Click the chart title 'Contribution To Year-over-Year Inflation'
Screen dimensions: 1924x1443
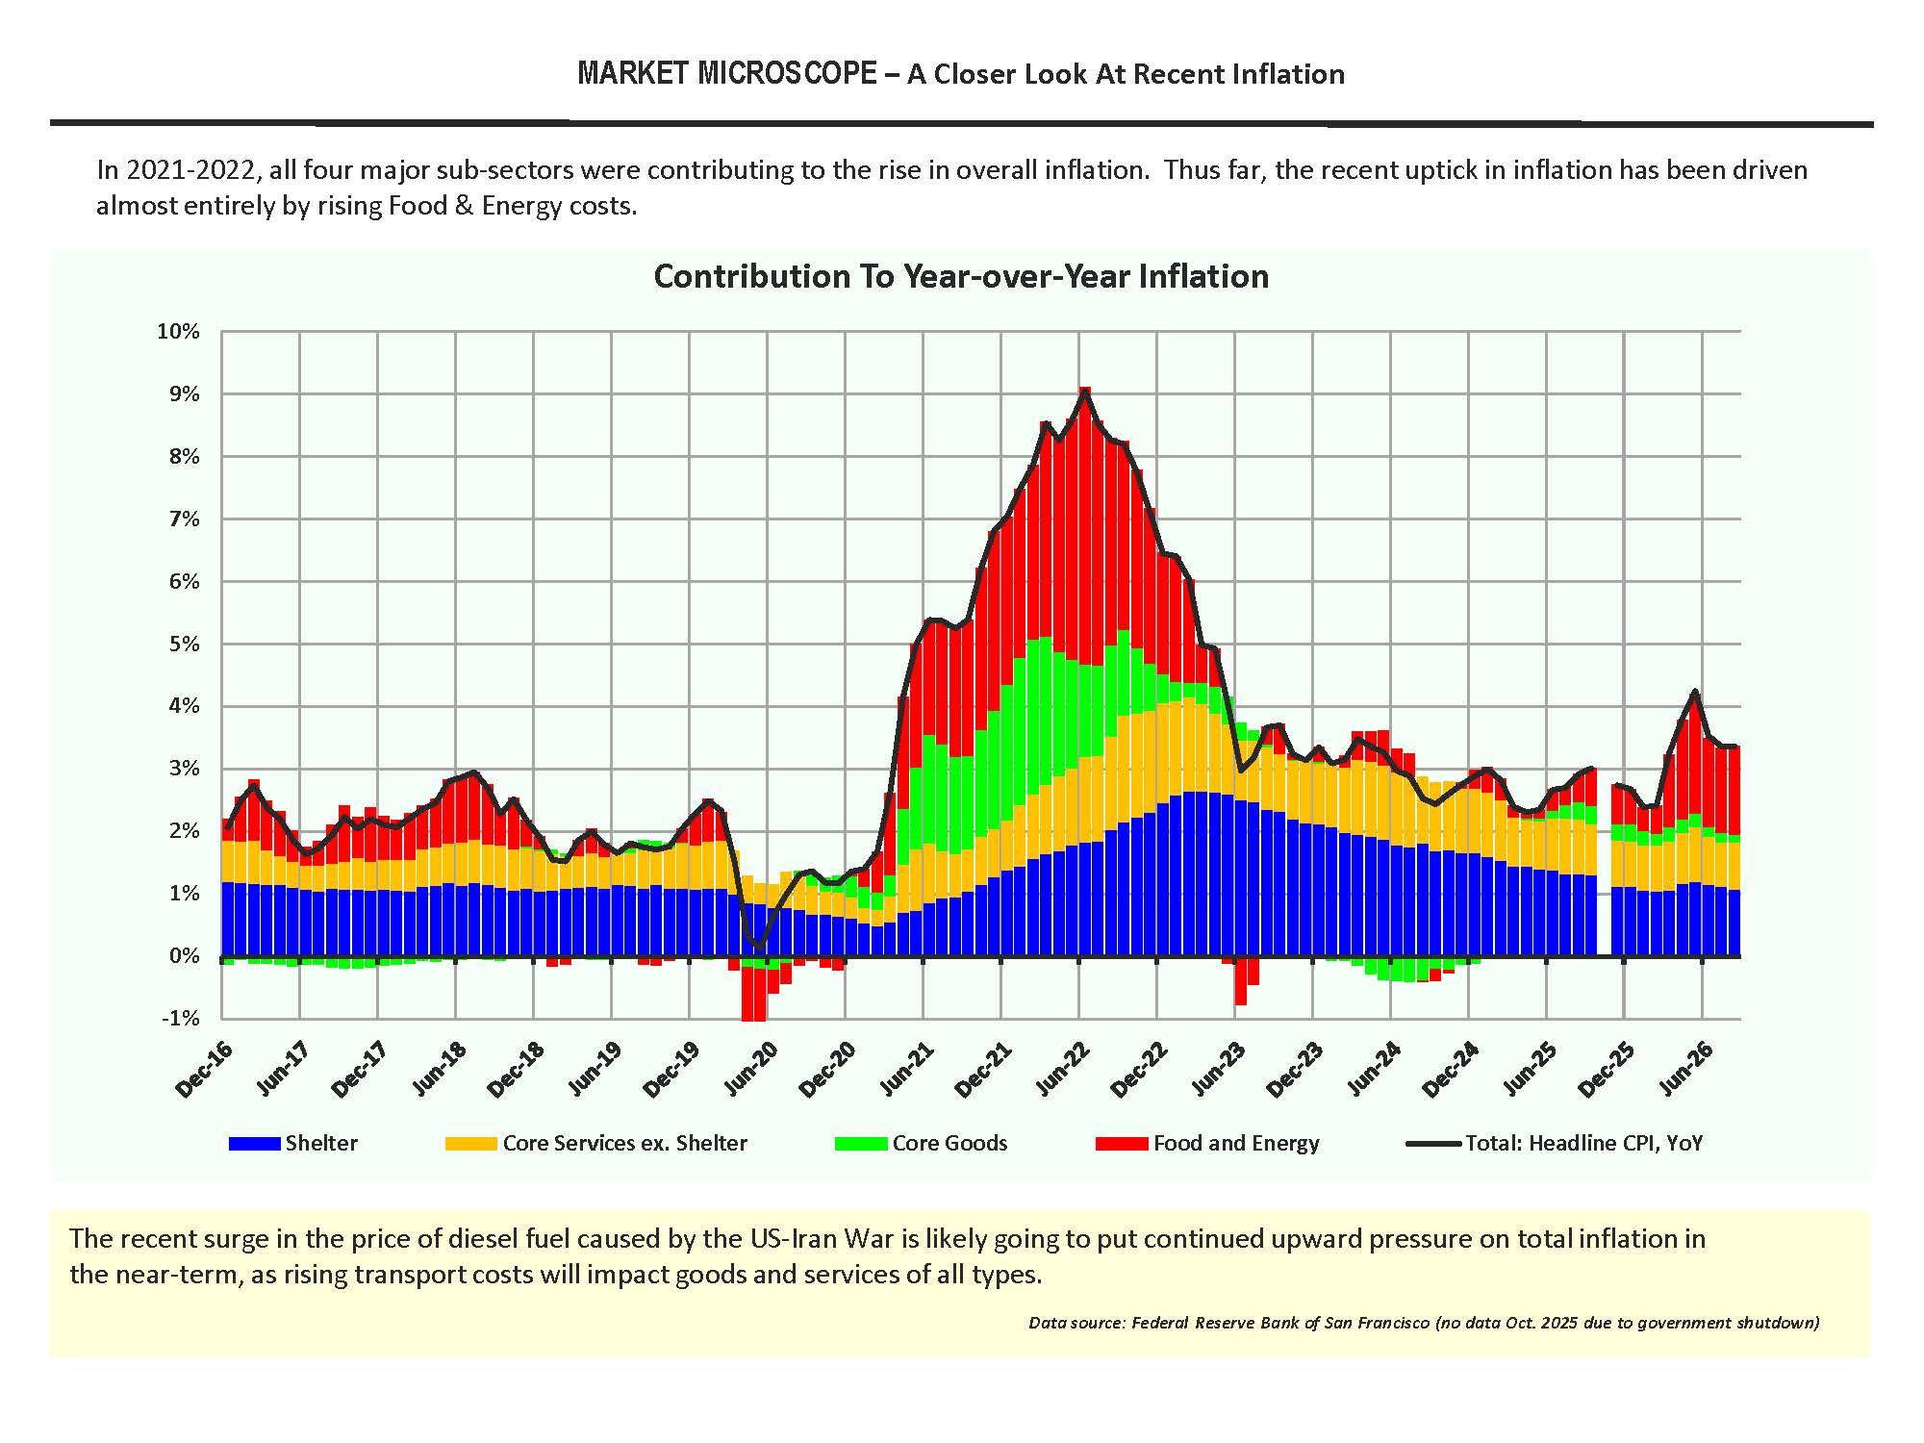(x=961, y=276)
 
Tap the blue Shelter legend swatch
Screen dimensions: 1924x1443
(x=255, y=1143)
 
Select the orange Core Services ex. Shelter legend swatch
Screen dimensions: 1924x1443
(x=470, y=1143)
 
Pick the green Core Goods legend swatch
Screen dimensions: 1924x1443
(x=861, y=1143)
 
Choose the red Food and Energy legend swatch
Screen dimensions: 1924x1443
(x=1122, y=1143)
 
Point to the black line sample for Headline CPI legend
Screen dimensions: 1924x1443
(x=1434, y=1144)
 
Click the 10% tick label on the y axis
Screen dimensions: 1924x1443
(x=178, y=331)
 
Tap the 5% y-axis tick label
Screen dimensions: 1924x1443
(x=184, y=644)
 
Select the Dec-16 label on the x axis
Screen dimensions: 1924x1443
(x=204, y=1069)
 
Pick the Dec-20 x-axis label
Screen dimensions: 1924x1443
(x=827, y=1069)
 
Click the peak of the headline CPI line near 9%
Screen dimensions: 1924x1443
(x=1085, y=390)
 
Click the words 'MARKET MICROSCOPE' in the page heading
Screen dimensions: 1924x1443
(x=727, y=74)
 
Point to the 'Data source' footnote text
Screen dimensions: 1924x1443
(x=1424, y=1323)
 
